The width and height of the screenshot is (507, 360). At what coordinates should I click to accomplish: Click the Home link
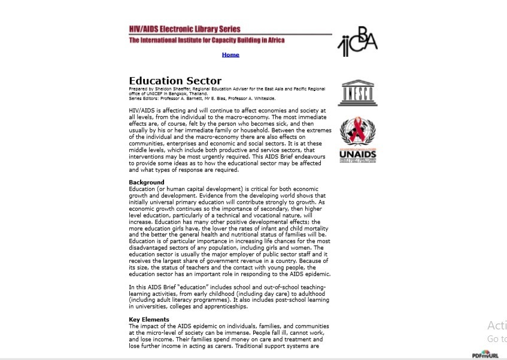pyautogui.click(x=230, y=55)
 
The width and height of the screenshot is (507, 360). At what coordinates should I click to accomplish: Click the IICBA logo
pyautogui.click(x=357, y=41)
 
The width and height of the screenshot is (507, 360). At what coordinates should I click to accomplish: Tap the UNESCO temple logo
pyautogui.click(x=357, y=93)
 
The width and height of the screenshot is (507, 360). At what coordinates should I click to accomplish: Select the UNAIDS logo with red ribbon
pyautogui.click(x=357, y=140)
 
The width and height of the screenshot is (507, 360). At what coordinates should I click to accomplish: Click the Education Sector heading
pyautogui.click(x=175, y=81)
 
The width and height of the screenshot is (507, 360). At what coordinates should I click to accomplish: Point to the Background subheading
pyautogui.click(x=146, y=182)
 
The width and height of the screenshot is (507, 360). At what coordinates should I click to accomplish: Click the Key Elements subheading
pyautogui.click(x=149, y=319)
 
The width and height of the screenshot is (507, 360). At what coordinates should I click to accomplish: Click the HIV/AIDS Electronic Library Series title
pyautogui.click(x=184, y=29)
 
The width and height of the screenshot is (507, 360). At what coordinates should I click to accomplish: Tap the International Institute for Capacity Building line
pyautogui.click(x=207, y=40)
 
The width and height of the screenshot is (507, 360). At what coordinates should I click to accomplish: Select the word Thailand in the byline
pyautogui.click(x=198, y=94)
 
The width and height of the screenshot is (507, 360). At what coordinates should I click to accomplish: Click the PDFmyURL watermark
pyautogui.click(x=485, y=355)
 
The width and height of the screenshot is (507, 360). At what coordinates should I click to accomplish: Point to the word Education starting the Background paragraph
pyautogui.click(x=142, y=189)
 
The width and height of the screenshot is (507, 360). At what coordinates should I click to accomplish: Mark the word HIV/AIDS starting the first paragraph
pyautogui.click(x=141, y=111)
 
